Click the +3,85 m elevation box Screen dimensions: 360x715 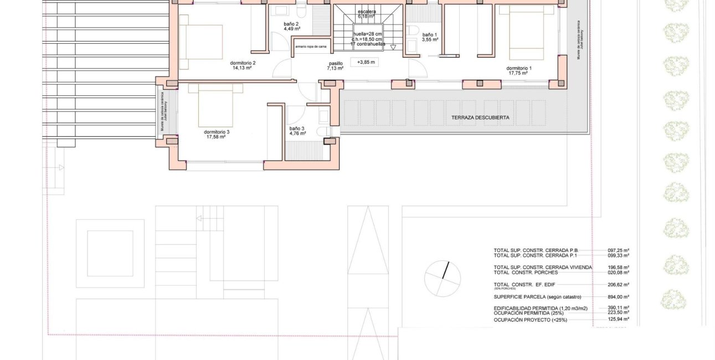366,63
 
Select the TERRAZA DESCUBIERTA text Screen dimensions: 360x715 480,117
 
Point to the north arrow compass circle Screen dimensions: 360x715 443,279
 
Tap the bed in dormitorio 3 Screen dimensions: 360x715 215,105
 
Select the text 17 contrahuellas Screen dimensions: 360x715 368,44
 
